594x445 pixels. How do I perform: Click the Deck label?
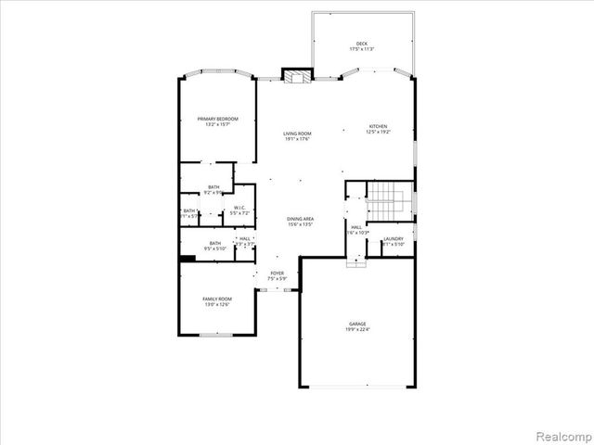[x=362, y=44]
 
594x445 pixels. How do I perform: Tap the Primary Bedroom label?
[x=217, y=119]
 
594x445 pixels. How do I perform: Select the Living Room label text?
[x=297, y=134]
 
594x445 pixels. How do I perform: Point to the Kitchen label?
[x=378, y=127]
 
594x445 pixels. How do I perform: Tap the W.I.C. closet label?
[x=239, y=208]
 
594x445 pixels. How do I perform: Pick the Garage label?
[x=357, y=324]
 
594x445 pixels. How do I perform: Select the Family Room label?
[x=216, y=299]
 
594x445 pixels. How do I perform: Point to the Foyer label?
[x=277, y=273]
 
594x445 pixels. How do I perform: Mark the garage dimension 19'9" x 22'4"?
[x=357, y=330]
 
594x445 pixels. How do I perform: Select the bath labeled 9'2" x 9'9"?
[x=213, y=188]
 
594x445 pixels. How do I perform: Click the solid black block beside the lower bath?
[x=187, y=258]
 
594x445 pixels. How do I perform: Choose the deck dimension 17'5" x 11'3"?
[x=362, y=50]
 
